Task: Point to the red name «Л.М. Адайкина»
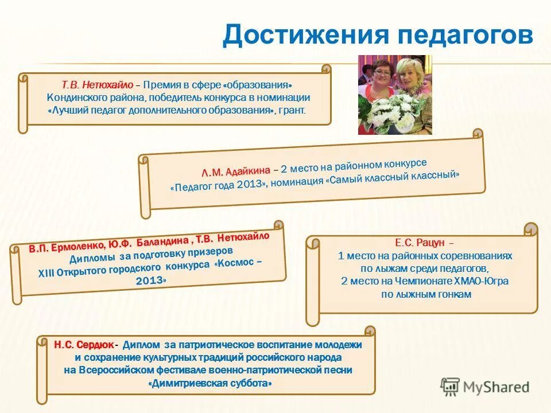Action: click(x=236, y=170)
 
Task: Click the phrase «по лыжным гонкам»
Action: click(x=426, y=294)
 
